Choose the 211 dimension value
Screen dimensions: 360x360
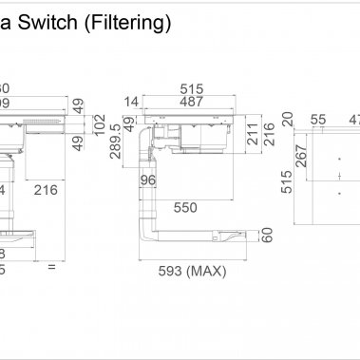tap(254, 133)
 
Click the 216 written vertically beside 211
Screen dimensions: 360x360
tap(270, 133)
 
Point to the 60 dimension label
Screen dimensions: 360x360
tap(267, 234)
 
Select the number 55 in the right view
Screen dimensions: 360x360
tap(317, 120)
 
